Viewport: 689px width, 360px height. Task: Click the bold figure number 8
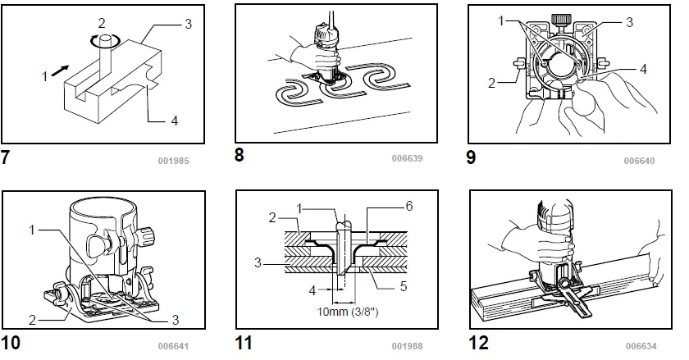(x=240, y=153)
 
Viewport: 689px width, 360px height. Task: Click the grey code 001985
(x=173, y=161)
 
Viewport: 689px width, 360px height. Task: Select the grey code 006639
(x=408, y=158)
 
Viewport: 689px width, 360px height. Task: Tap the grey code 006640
(x=640, y=161)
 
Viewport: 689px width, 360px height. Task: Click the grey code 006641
(x=173, y=345)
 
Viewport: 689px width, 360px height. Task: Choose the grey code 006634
(x=640, y=345)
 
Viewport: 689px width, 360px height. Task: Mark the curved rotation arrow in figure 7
(x=103, y=39)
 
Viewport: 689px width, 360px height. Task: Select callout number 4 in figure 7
(x=173, y=121)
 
